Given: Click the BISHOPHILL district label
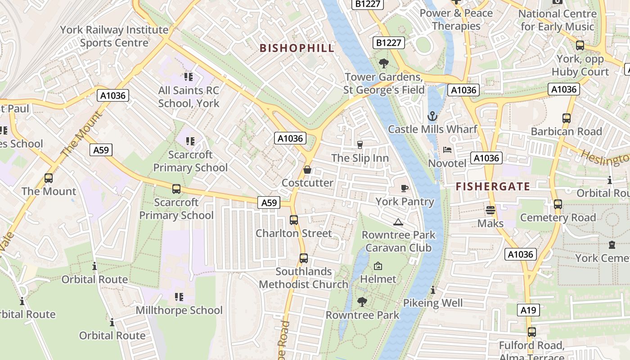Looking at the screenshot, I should point(297,48).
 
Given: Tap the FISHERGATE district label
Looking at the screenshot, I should point(493,186).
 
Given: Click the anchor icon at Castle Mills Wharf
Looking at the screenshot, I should point(432,117).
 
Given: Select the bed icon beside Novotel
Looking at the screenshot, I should point(447,149).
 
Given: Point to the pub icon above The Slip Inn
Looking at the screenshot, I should point(360,144).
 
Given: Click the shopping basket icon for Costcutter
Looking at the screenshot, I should point(307,170).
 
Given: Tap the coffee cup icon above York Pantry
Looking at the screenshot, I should point(405,188).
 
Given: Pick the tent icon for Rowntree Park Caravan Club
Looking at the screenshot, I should point(398,222).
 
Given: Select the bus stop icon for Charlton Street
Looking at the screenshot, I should point(294,220).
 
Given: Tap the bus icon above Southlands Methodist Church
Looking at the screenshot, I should point(304,258).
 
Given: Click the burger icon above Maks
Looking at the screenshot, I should point(490,210).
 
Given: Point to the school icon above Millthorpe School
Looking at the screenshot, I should point(179,297).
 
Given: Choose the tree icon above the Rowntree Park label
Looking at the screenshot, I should point(362,301).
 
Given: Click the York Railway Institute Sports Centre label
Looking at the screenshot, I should point(114,36).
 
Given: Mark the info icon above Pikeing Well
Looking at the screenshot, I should point(433,290).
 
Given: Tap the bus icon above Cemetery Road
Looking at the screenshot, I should point(558,204).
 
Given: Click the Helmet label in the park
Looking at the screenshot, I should point(378,279).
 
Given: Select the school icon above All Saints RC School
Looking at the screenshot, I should point(189,77).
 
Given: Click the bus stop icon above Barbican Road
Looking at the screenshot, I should point(567,118).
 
